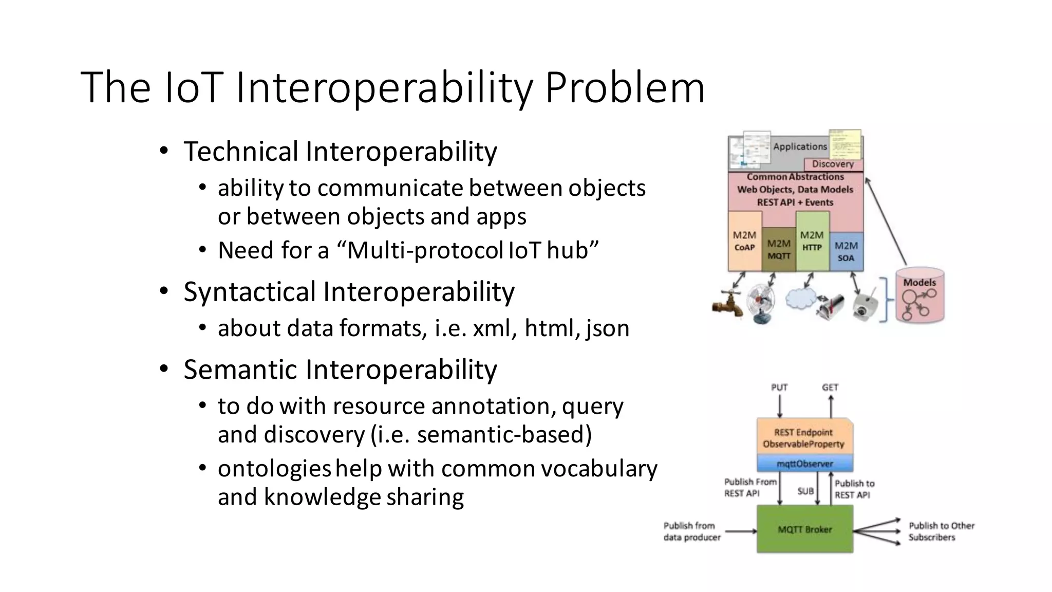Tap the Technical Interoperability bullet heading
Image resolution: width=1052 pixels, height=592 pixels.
click(x=340, y=152)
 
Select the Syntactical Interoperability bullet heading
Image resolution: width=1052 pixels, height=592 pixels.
click(x=349, y=292)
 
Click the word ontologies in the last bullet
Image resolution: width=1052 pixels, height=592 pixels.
click(x=274, y=469)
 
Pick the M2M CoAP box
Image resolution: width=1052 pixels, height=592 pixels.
click(x=744, y=242)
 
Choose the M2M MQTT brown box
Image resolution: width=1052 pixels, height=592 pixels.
click(x=779, y=249)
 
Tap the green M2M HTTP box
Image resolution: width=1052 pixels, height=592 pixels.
click(x=812, y=242)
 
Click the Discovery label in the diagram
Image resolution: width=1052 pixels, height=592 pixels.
click(x=833, y=164)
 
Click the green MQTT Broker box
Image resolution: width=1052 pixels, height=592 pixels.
click(x=804, y=529)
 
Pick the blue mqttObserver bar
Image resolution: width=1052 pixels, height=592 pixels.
click(x=804, y=464)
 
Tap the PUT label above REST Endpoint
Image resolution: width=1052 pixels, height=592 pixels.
click(x=779, y=387)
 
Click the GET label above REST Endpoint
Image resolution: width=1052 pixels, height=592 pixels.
click(x=830, y=387)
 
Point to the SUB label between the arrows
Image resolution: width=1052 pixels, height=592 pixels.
click(x=805, y=491)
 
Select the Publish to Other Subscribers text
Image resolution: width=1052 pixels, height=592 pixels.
click(x=941, y=531)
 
